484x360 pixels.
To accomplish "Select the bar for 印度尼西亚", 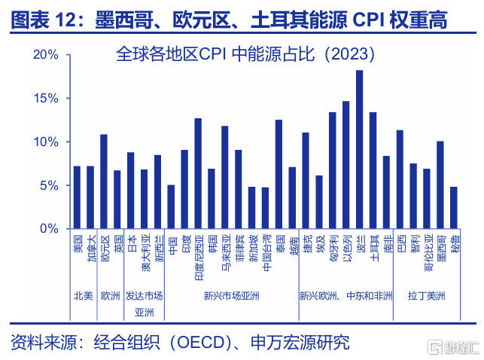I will pos(198,173).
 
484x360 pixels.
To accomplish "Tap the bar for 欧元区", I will pos(104,182).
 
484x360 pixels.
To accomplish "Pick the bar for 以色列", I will pos(346,165).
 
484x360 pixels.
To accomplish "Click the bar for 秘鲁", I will pos(453,208).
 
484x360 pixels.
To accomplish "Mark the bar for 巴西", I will pos(400,179).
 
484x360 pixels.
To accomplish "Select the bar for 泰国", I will pos(279,174).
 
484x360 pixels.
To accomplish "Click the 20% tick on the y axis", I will pos(47,55).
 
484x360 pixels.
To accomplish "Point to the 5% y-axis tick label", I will pos(50,185).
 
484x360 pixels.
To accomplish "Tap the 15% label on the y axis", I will pos(47,99).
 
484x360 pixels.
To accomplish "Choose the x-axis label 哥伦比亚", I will pos(427,252).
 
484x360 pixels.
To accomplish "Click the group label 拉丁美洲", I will pos(426,296).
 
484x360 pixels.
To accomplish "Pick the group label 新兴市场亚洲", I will pos(231,296).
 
